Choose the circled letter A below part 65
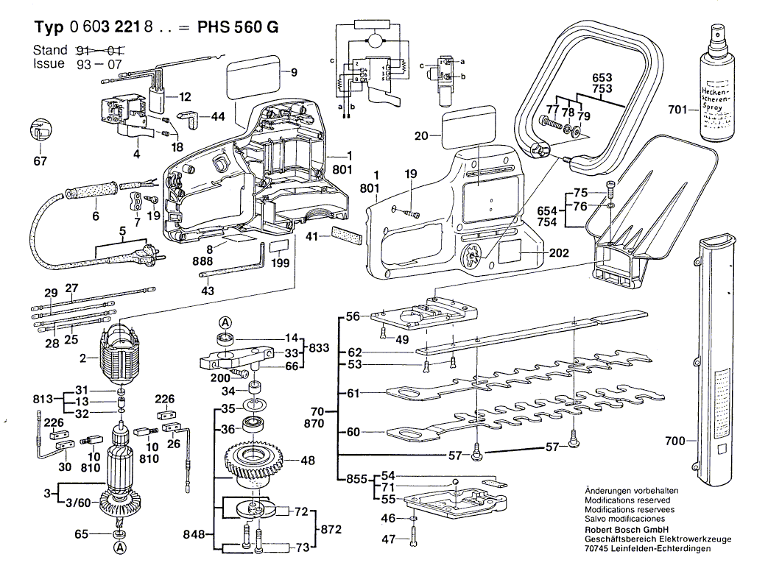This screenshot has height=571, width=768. (119, 547)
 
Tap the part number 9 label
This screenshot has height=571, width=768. (294, 72)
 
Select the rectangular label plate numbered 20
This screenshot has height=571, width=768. (461, 128)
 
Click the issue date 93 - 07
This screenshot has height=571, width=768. (98, 64)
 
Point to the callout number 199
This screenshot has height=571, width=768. (280, 262)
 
